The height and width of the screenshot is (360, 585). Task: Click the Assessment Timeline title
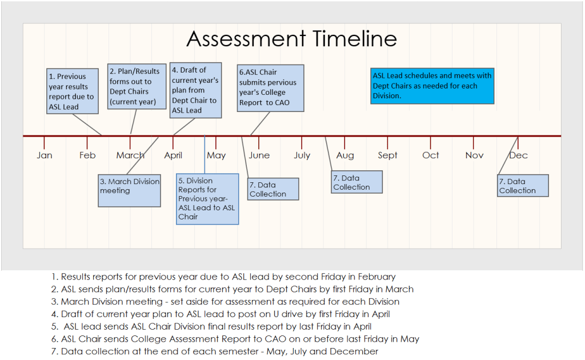pyautogui.click(x=291, y=39)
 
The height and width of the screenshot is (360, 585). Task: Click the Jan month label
pyautogui.click(x=45, y=155)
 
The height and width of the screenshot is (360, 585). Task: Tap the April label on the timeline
pyautogui.click(x=173, y=155)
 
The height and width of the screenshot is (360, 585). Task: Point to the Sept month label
pyautogui.click(x=387, y=155)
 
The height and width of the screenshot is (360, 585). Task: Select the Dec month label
pyautogui.click(x=518, y=155)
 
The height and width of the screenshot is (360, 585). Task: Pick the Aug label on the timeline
pyautogui.click(x=344, y=155)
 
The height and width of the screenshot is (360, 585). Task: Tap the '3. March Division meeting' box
pyautogui.click(x=130, y=190)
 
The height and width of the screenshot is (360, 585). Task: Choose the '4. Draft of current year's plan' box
pyautogui.click(x=195, y=90)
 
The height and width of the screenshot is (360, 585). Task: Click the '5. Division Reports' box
pyautogui.click(x=207, y=199)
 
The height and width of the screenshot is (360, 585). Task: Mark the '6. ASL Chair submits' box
pyautogui.click(x=270, y=87)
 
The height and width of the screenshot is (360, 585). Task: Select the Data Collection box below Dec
pyautogui.click(x=523, y=186)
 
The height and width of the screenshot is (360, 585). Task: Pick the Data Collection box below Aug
pyautogui.click(x=356, y=182)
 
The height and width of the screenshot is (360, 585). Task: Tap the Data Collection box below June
pyautogui.click(x=273, y=189)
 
